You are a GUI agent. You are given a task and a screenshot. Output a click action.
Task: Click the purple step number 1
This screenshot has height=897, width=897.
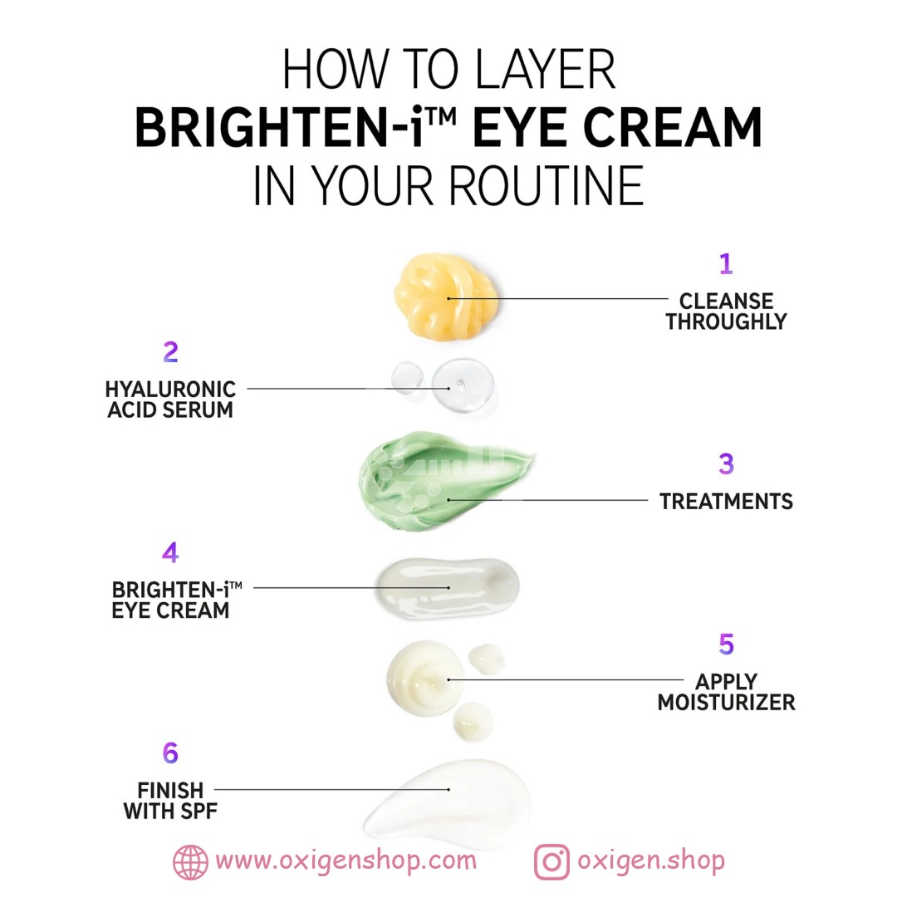coord(726,264)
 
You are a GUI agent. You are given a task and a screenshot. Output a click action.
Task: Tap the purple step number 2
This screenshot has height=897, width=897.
coord(170,352)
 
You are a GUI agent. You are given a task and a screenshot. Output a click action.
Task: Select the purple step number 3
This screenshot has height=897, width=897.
coord(726,464)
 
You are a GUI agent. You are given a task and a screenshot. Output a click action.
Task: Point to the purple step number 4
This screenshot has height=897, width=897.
coord(170,552)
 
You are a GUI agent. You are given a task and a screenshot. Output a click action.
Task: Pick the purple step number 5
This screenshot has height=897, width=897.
coord(726,645)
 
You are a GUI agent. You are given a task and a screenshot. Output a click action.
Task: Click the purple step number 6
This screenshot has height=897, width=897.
coord(170,752)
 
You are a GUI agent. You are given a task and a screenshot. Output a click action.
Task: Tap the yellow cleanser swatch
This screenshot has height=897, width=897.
coord(445,297)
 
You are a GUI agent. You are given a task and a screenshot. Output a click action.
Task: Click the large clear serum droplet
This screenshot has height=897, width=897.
coord(463,385)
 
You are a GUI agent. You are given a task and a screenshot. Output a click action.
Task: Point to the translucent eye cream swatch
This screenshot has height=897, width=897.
coord(447,587)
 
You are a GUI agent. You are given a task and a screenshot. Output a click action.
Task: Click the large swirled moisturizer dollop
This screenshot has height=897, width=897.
coord(425,679)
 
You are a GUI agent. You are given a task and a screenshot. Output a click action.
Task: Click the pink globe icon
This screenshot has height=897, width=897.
coord(190,861)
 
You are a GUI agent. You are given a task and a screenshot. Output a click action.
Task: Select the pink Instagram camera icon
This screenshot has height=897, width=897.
coord(551,861)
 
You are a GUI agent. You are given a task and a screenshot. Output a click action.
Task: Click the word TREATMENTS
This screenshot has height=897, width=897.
coord(726,502)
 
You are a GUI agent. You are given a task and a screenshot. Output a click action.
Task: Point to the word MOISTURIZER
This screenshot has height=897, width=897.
coord(726,703)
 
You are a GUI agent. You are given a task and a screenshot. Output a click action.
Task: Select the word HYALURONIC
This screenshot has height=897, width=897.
coord(170,390)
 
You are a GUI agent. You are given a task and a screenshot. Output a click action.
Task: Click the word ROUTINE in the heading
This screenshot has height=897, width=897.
coord(546,185)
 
